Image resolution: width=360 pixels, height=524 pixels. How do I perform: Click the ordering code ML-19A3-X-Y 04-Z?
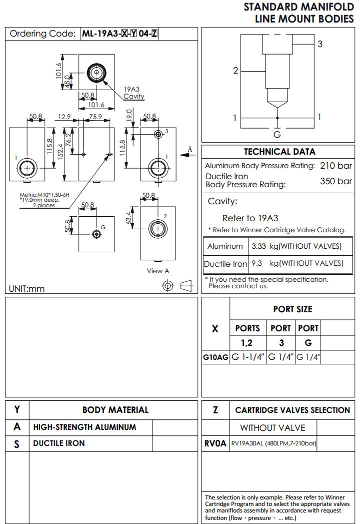(x=120, y=34)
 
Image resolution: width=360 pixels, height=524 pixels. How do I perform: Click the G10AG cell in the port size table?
(x=215, y=357)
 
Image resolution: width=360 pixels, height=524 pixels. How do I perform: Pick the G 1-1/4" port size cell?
(x=248, y=357)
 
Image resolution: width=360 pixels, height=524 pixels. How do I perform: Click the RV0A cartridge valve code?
(x=215, y=443)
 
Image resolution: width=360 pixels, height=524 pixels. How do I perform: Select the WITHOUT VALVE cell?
(x=272, y=428)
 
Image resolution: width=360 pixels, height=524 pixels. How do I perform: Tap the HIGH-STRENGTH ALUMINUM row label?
(x=84, y=427)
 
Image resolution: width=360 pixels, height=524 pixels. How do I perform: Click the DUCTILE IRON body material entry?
(x=59, y=443)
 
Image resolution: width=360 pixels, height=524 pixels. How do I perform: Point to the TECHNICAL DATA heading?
(x=279, y=152)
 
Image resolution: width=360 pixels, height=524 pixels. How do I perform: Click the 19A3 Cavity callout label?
(x=134, y=93)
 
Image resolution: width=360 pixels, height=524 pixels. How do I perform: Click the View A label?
(x=158, y=271)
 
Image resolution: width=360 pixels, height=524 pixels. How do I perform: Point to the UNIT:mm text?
(x=27, y=289)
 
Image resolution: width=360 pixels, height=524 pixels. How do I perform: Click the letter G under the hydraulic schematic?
(x=277, y=134)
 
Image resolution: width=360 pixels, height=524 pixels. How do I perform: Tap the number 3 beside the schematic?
(x=320, y=44)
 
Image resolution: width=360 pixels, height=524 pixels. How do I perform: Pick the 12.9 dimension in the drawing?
(x=63, y=117)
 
